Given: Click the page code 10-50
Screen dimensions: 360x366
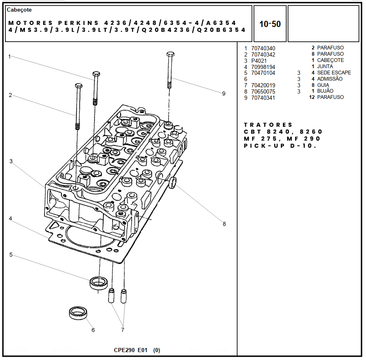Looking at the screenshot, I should (x=270, y=24).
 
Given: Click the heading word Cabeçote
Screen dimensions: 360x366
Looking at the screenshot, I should (x=20, y=10).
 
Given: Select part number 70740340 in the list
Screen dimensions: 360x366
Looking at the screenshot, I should (x=263, y=48).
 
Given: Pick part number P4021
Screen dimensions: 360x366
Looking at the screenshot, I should (x=259, y=61).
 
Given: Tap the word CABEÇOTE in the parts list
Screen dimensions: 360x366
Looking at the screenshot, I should (x=330, y=60).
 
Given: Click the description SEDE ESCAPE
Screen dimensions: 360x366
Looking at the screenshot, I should (x=334, y=73).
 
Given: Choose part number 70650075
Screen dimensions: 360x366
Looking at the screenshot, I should (x=263, y=91).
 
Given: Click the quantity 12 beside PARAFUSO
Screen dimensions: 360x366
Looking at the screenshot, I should (x=312, y=97).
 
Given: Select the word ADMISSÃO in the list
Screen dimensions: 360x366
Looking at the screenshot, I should (x=330, y=79).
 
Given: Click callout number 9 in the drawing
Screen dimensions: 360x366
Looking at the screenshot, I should (x=224, y=94).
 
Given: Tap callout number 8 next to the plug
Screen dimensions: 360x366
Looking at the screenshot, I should (x=224, y=224).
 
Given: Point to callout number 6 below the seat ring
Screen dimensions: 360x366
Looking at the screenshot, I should (x=93, y=330).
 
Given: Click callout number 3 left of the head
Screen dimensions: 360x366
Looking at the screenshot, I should (x=11, y=161).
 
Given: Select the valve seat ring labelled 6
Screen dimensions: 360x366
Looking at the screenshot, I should (x=77, y=313).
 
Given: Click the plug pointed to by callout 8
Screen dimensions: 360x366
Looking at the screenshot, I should (x=172, y=182).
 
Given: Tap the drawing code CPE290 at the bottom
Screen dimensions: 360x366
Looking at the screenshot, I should (x=124, y=350).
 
